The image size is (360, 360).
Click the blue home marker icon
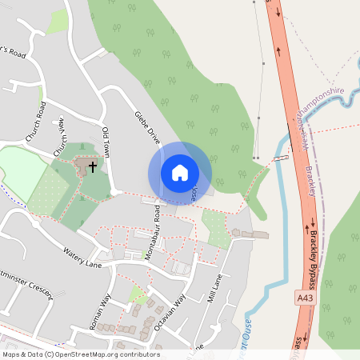(x=180, y=173)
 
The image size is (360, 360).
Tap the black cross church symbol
(x=93, y=167)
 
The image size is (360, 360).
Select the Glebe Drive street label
(x=148, y=127)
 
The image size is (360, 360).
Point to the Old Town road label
(x=107, y=141)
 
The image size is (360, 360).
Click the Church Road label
(x=36, y=122)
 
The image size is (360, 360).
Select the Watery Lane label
(x=83, y=258)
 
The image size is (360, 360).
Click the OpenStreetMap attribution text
(x=80, y=354)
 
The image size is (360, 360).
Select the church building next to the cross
(x=82, y=166)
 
